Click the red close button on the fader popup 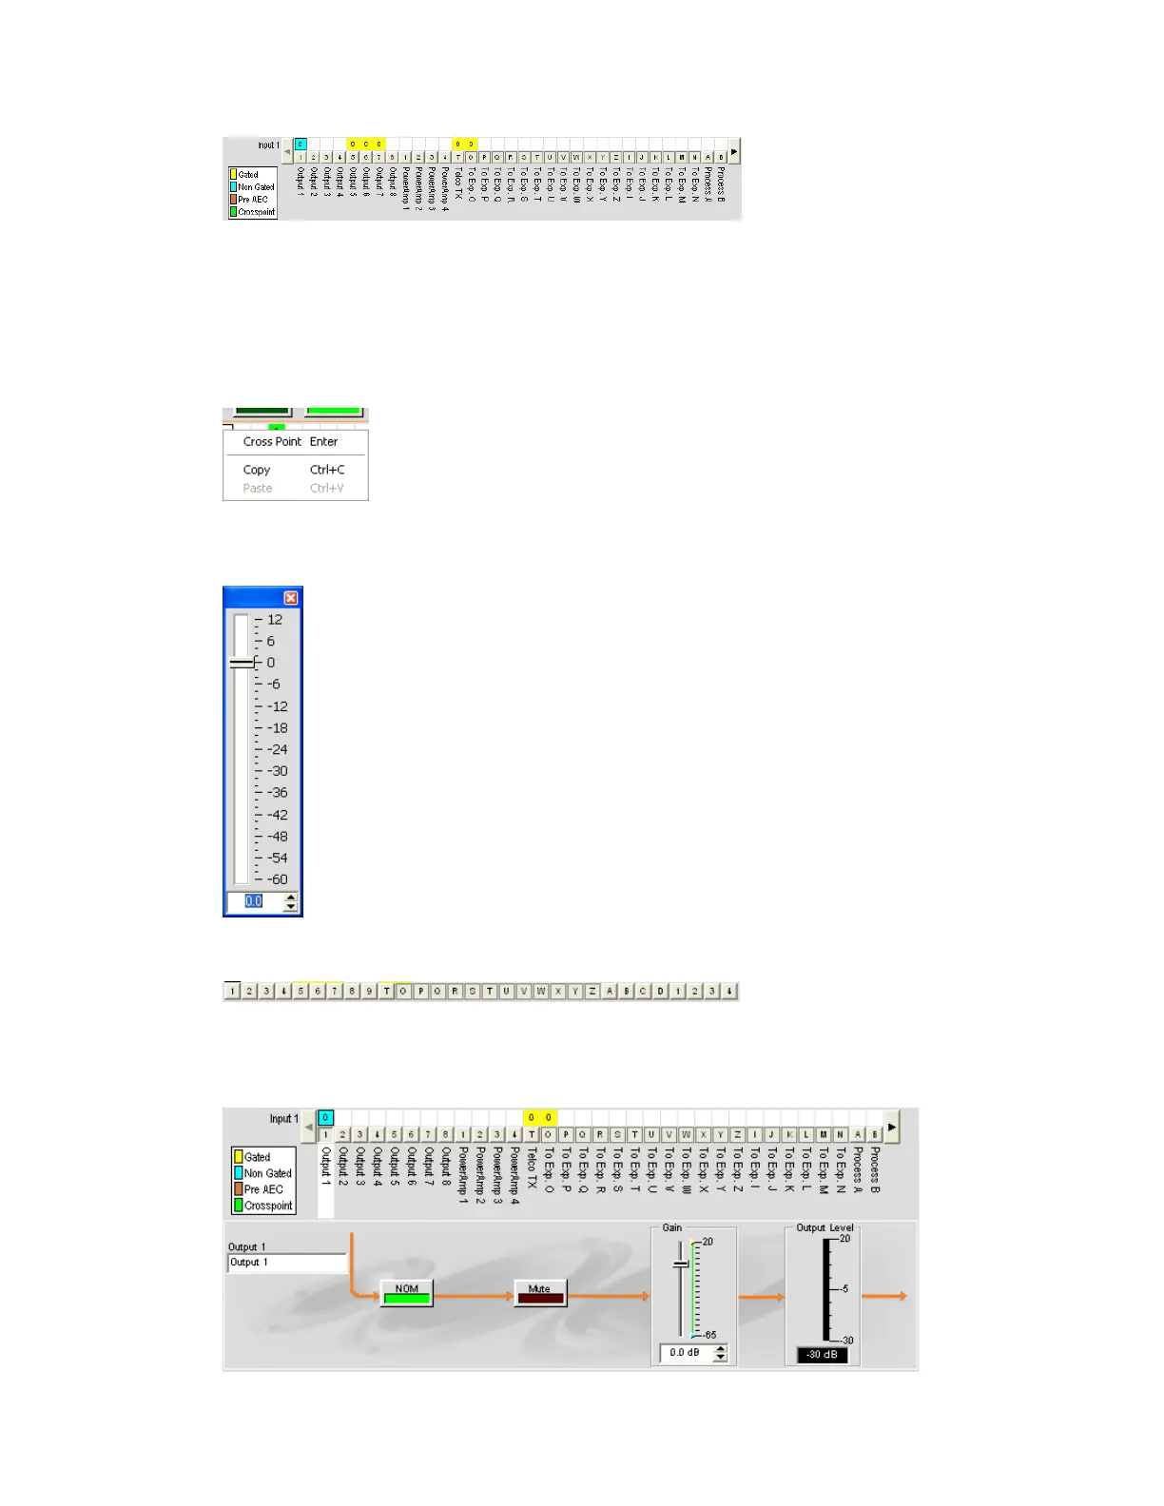[x=291, y=598]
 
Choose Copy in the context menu [x=257, y=470]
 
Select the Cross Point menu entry [x=272, y=442]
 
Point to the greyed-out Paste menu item [x=258, y=489]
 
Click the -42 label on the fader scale [x=277, y=815]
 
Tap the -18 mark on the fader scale [x=277, y=728]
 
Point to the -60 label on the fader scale [x=277, y=879]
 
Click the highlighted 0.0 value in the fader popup [x=254, y=901]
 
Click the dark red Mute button [x=540, y=1293]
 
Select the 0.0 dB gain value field [x=685, y=1353]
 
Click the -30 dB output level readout [x=822, y=1355]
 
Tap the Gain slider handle [x=681, y=1264]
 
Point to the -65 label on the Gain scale [x=708, y=1335]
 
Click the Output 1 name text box [x=287, y=1263]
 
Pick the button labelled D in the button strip [x=660, y=992]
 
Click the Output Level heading [x=824, y=1227]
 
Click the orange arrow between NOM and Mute [x=474, y=1296]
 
